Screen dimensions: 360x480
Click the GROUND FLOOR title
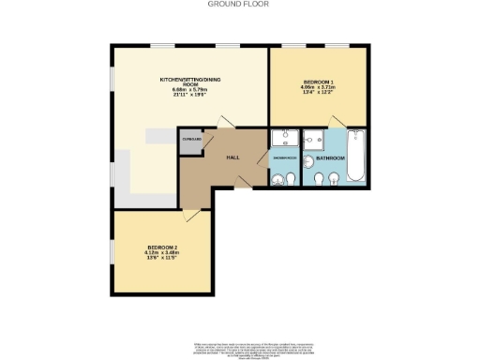pos(239,4)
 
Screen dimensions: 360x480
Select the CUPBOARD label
pos(191,139)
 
